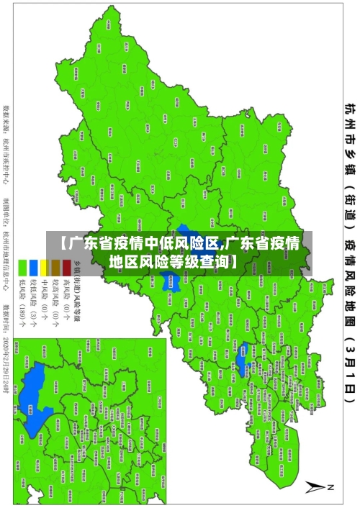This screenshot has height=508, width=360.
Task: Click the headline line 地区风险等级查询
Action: tap(180, 241)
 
